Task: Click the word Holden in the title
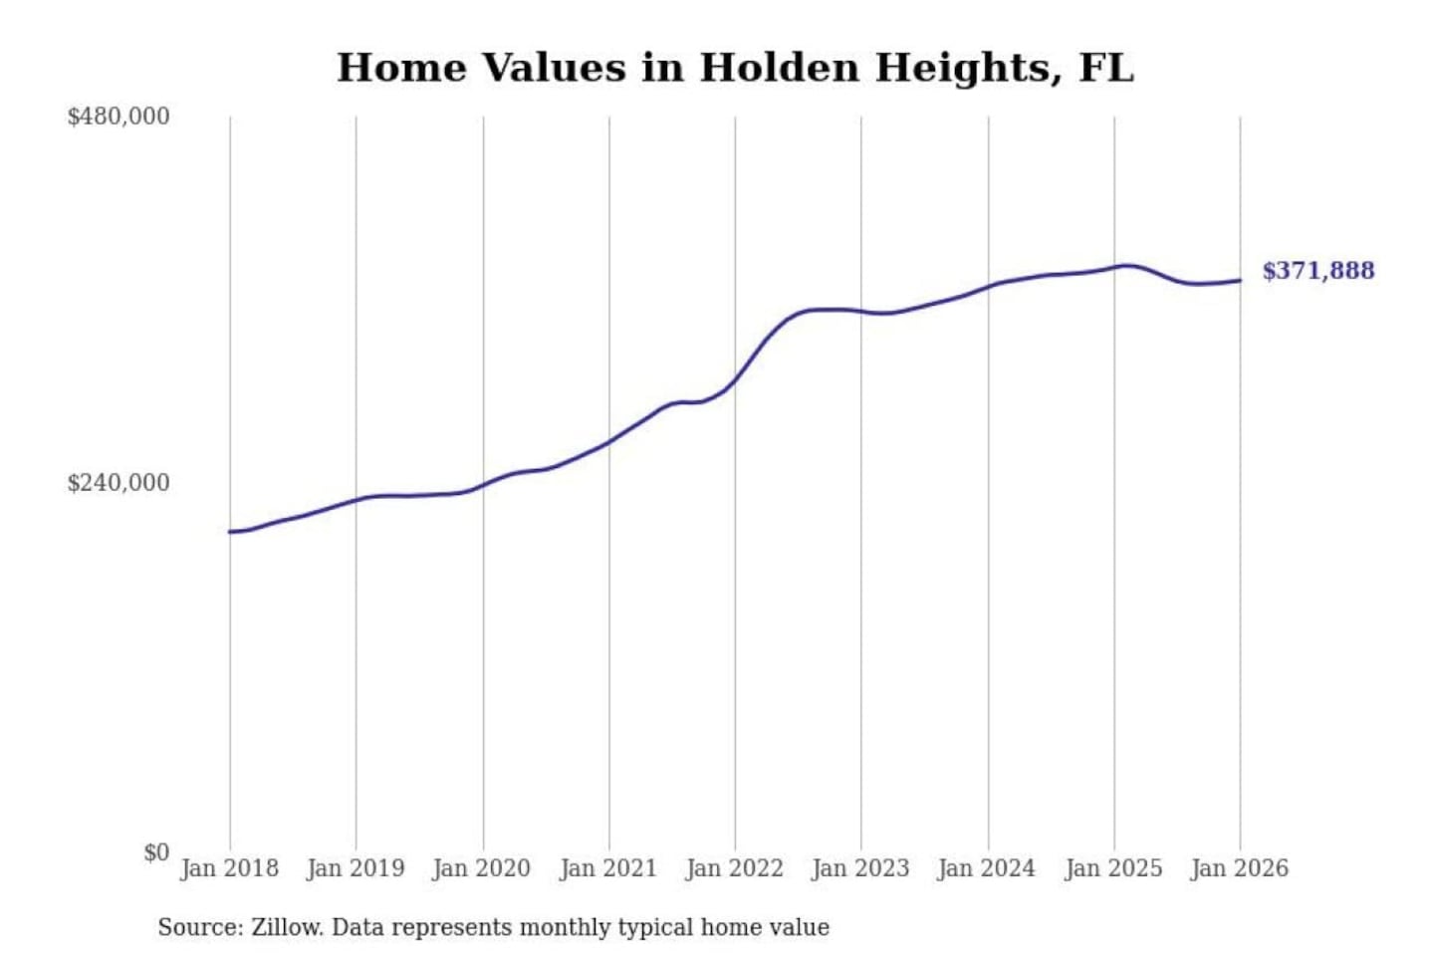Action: [779, 68]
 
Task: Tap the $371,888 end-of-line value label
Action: [1317, 271]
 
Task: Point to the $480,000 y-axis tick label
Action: [119, 117]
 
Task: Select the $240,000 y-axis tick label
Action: [119, 483]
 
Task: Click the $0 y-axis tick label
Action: [156, 852]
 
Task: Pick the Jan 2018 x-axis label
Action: [229, 868]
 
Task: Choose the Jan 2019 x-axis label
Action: [356, 868]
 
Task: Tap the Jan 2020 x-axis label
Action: [482, 868]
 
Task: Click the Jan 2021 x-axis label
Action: [608, 868]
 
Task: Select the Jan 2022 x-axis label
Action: [735, 868]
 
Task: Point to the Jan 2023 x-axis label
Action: [860, 868]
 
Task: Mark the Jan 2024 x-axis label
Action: [987, 868]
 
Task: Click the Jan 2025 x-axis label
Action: [1113, 868]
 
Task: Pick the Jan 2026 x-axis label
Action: [1240, 868]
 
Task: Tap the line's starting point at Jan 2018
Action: [230, 532]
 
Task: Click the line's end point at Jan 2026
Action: [1240, 280]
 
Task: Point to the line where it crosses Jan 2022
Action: [735, 379]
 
